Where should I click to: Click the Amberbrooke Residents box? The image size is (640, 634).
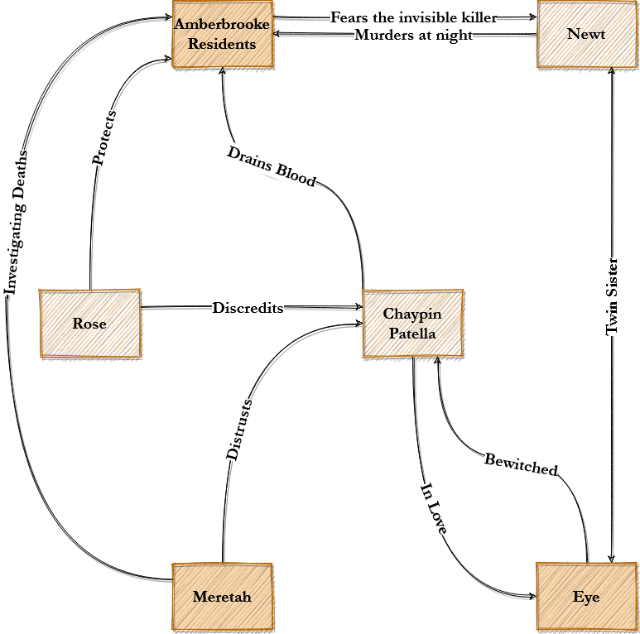point(222,35)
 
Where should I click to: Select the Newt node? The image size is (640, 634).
point(587,35)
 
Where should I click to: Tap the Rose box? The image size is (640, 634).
point(90,324)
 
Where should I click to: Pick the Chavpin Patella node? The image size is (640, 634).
point(412,324)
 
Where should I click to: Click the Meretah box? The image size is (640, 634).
point(222,596)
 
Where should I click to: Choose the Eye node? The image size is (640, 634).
point(587,596)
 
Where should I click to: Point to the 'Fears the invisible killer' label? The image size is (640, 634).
point(413,17)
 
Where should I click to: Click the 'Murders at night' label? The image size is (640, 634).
point(413,36)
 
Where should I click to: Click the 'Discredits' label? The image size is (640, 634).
point(248,308)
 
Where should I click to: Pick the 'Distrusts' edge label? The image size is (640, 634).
point(239,429)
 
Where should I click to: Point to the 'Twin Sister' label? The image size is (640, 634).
point(613,296)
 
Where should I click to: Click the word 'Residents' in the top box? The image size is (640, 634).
point(222,44)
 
